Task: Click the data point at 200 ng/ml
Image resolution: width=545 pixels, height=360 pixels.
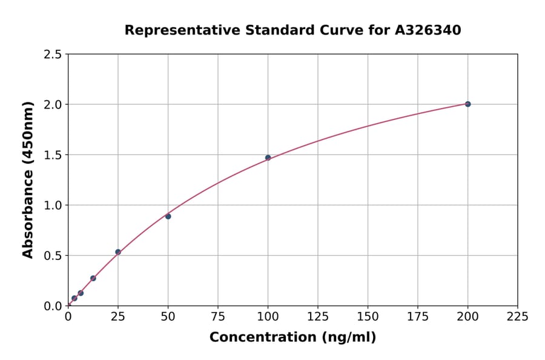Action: pos(467,104)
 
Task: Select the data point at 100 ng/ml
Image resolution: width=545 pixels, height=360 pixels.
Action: pos(268,158)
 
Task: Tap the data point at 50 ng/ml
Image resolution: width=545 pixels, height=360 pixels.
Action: pos(168,216)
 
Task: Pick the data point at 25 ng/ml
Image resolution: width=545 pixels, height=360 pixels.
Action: pos(118,252)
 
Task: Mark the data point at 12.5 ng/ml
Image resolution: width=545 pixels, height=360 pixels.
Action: pos(93,278)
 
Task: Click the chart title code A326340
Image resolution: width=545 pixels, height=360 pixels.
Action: pos(429,30)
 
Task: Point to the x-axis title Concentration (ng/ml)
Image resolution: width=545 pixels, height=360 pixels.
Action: pos(292,337)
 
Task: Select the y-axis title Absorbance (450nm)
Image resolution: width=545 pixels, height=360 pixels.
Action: pos(28,180)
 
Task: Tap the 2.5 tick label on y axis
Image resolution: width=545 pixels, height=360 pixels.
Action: pos(53,55)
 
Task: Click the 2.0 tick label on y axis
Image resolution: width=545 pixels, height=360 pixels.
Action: pos(53,105)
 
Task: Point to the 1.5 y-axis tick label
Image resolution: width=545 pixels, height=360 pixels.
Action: pos(53,155)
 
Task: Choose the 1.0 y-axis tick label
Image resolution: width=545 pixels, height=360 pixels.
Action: pos(53,205)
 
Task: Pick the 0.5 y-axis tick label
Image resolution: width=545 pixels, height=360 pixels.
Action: pos(53,256)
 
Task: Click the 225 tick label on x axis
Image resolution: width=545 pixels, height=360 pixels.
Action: pos(517,316)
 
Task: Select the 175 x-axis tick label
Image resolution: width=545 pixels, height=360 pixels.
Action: pos(417,316)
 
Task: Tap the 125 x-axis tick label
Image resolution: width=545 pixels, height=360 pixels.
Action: pos(317,316)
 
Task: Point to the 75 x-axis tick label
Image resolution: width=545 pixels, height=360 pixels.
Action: pos(217,316)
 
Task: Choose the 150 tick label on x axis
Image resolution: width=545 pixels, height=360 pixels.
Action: pos(368,316)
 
